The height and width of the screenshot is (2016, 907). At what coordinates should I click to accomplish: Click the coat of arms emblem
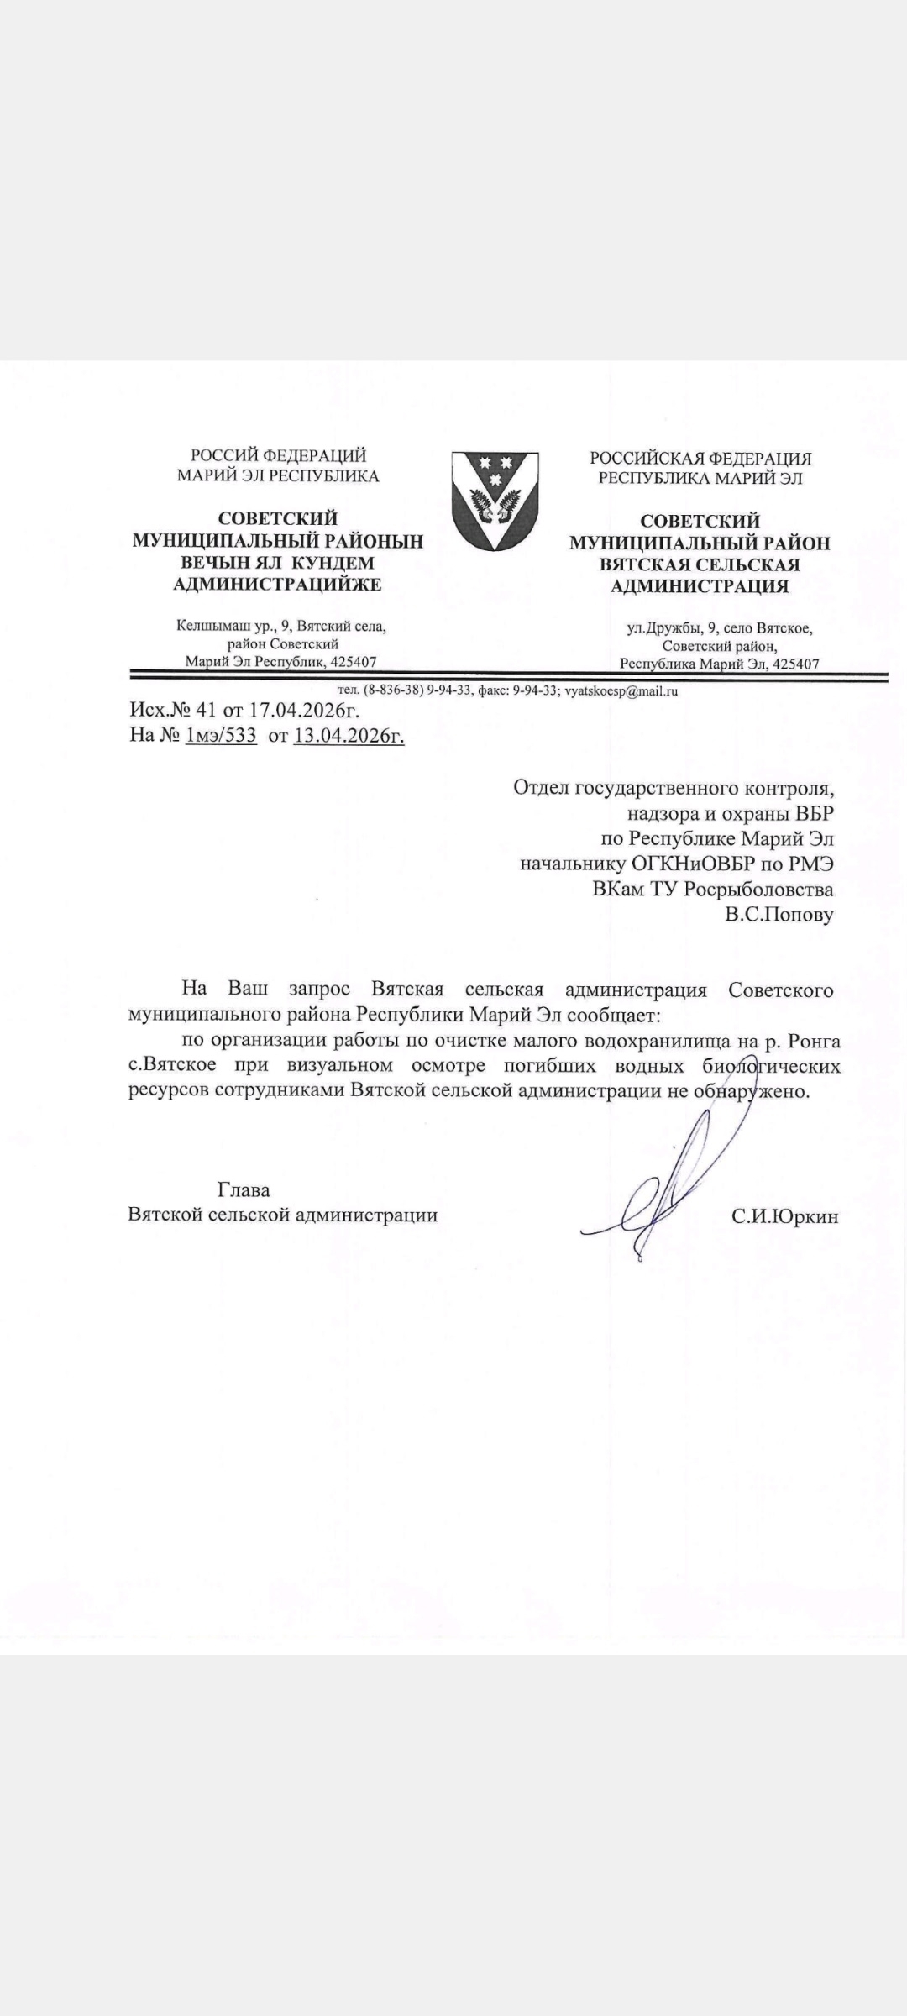(x=495, y=500)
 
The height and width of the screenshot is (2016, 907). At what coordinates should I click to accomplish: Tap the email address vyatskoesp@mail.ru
(x=621, y=691)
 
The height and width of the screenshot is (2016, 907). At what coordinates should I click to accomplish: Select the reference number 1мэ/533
(x=221, y=737)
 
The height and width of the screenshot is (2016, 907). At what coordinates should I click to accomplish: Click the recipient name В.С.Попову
(x=779, y=914)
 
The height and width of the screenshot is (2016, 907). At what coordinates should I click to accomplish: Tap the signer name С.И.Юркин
(x=784, y=1216)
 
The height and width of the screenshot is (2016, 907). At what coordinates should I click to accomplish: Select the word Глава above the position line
(x=244, y=1189)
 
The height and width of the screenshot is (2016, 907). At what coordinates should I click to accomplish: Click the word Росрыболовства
(x=758, y=889)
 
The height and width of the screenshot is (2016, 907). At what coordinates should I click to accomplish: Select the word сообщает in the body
(x=614, y=1015)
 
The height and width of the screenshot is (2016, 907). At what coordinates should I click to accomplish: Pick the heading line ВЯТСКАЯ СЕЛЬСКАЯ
(x=699, y=564)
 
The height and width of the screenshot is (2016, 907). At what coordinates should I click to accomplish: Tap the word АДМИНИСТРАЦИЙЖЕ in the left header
(x=277, y=584)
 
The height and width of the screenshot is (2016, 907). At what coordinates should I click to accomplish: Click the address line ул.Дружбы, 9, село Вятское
(x=720, y=627)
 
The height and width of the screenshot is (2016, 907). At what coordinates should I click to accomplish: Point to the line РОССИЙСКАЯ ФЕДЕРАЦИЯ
(x=700, y=459)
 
